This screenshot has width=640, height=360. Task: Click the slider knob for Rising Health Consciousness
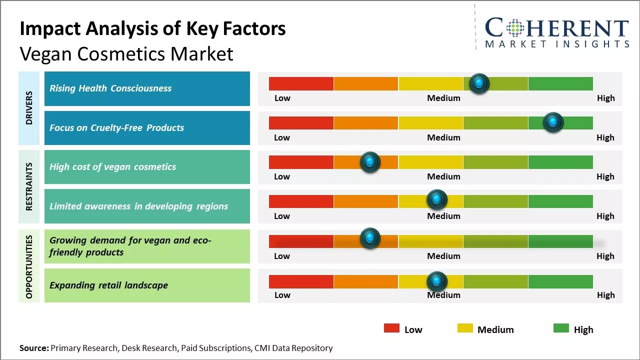[x=479, y=83]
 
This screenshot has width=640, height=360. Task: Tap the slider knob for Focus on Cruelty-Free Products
[x=553, y=122]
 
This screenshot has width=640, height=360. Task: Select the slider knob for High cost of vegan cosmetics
[x=370, y=162]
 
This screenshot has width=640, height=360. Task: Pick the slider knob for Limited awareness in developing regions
[x=437, y=199]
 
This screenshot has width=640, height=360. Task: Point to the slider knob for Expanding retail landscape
[x=437, y=281]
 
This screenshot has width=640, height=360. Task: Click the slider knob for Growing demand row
[x=370, y=238]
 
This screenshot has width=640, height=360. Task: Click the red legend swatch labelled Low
[x=391, y=328]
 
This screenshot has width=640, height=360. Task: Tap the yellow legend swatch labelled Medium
[x=465, y=328]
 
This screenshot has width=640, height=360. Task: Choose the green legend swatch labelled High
[x=561, y=328]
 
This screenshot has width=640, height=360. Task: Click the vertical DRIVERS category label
[x=29, y=108]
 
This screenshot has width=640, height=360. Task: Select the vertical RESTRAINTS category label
[x=29, y=186]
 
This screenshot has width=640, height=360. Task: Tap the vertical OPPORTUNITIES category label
[x=29, y=266]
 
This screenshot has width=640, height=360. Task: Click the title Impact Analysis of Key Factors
[x=152, y=29]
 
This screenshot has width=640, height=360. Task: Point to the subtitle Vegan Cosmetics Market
[x=126, y=53]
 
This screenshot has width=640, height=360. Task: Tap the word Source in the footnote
[x=33, y=348]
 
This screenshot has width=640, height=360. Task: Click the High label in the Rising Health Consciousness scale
[x=605, y=98]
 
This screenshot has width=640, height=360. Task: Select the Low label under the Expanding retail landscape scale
[x=282, y=295]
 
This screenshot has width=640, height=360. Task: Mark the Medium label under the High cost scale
[x=443, y=176]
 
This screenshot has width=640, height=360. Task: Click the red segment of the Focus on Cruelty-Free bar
[x=301, y=123]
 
